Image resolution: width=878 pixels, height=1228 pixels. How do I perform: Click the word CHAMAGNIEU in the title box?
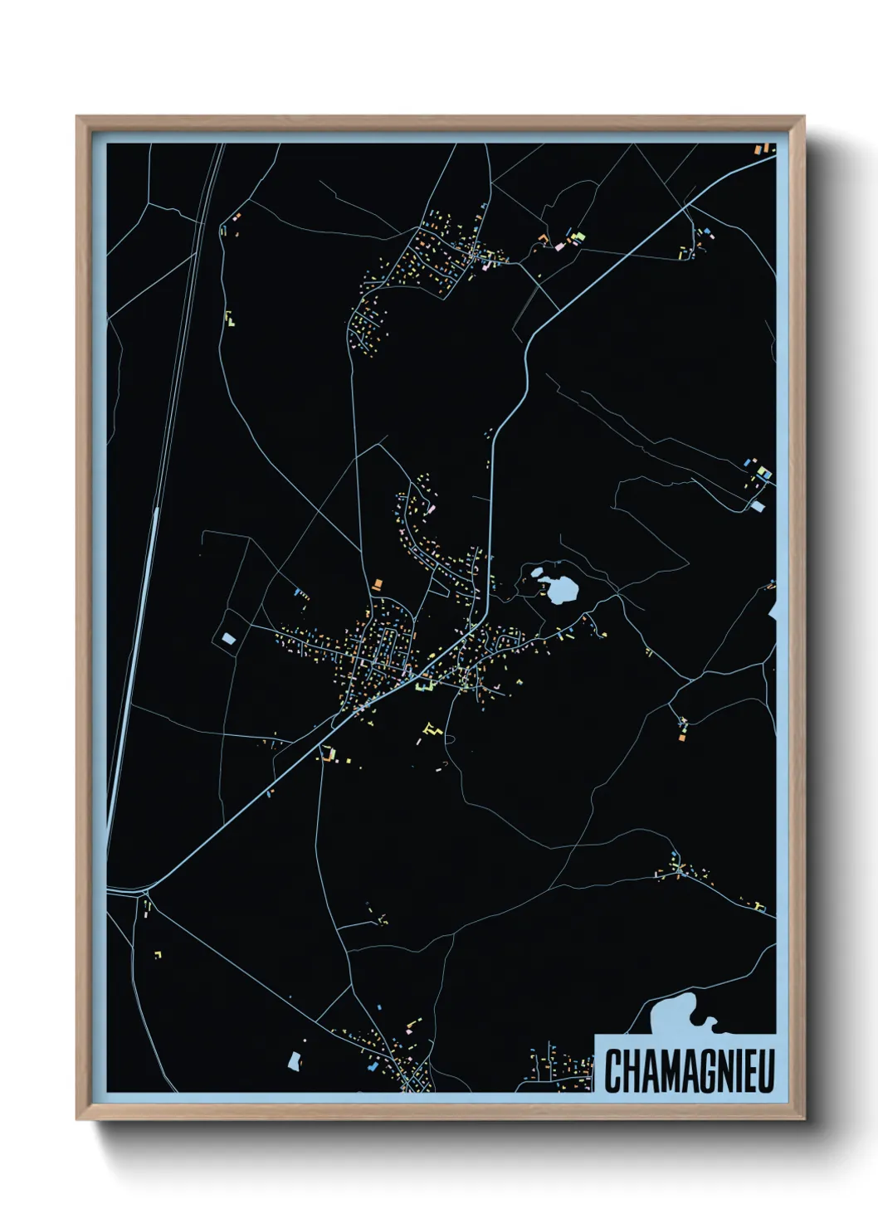(x=688, y=1070)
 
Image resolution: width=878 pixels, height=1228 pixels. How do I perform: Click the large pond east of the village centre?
(x=562, y=590)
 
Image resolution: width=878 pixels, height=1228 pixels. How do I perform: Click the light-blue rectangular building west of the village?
(x=228, y=638)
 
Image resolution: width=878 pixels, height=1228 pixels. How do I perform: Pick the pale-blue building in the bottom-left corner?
(x=294, y=1060)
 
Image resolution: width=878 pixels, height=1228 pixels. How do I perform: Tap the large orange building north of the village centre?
(x=379, y=585)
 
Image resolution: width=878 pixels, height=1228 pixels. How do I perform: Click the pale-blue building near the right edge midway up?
(x=758, y=504)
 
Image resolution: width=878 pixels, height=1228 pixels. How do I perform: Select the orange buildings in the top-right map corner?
(x=761, y=149)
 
